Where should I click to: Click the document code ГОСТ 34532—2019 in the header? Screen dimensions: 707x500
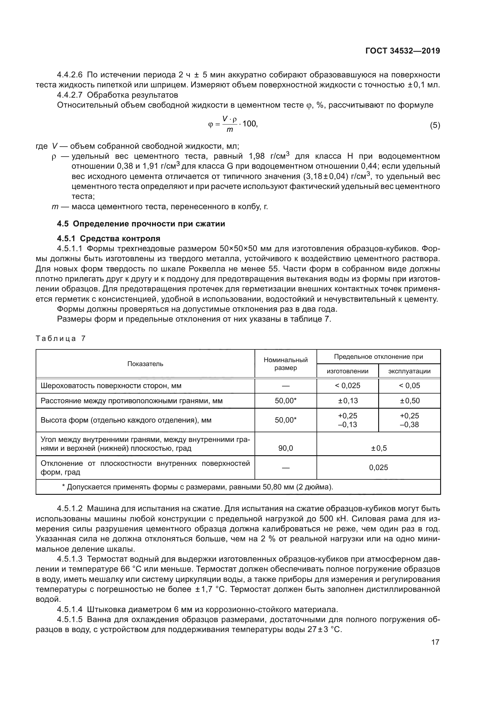click(402, 51)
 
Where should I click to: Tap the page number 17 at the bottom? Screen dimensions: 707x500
click(435, 642)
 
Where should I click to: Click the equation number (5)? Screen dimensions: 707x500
click(435, 125)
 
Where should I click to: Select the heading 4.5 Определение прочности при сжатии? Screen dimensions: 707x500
click(141, 224)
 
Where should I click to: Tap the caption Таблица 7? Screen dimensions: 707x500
click(60, 339)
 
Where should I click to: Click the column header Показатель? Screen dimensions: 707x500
click(145, 364)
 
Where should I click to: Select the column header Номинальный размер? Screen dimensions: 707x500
click(285, 364)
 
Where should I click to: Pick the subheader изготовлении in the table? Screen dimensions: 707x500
click(347, 371)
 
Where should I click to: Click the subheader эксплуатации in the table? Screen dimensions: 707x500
click(409, 371)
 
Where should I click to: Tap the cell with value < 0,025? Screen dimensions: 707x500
click(347, 385)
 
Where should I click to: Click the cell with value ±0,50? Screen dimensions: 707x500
click(410, 401)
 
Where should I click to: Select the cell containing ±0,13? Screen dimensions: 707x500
click(347, 401)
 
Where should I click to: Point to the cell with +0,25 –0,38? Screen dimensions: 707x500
click(410, 420)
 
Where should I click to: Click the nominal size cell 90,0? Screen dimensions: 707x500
click(285, 448)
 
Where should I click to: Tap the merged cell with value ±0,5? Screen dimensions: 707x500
click(378, 448)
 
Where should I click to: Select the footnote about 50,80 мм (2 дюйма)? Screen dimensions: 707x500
click(197, 487)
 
